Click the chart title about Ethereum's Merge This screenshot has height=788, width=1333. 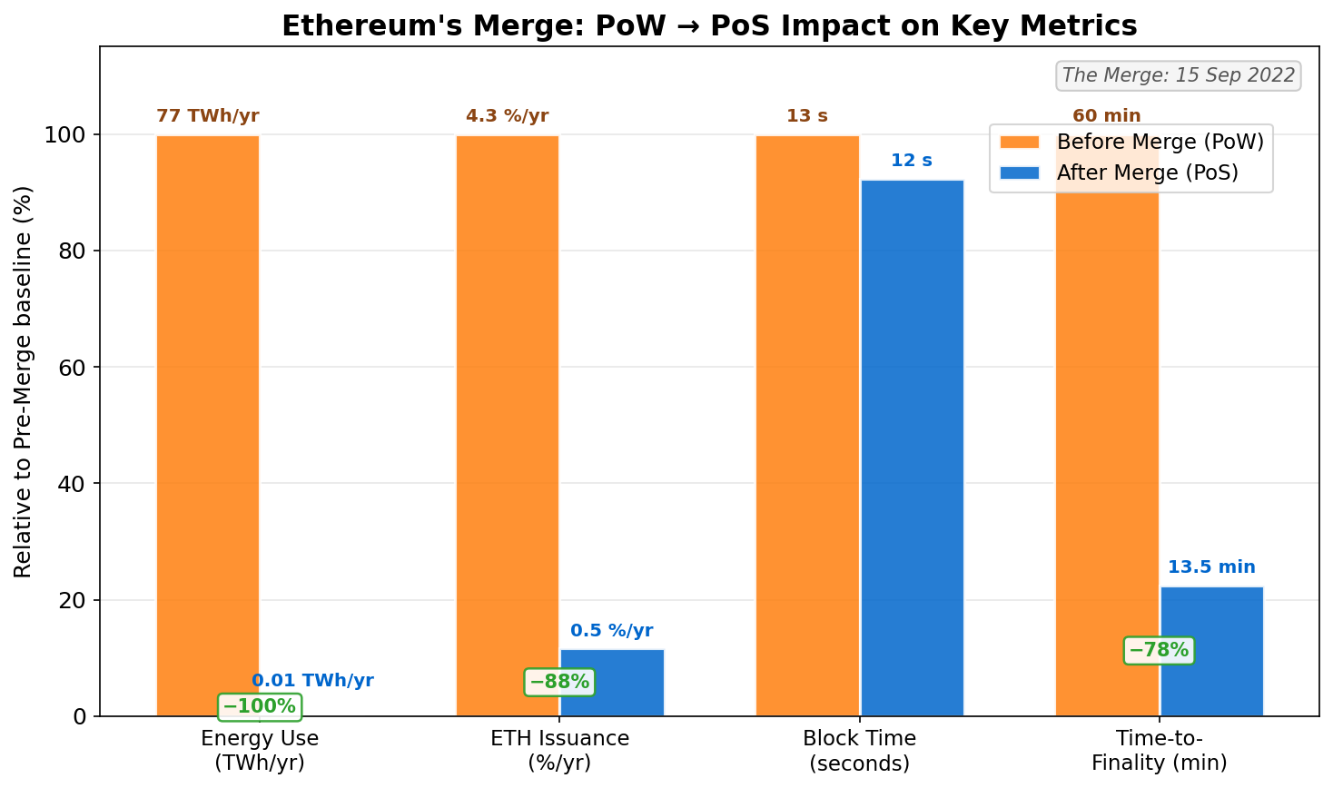(x=709, y=25)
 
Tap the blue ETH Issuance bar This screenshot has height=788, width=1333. (x=612, y=683)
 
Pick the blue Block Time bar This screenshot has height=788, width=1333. (x=912, y=448)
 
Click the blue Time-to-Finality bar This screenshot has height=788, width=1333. (x=1211, y=651)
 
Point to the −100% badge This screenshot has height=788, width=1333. (x=260, y=706)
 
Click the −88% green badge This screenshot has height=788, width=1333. (x=559, y=682)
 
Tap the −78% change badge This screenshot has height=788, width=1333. (x=1159, y=650)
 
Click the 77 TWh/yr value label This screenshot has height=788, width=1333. (x=208, y=116)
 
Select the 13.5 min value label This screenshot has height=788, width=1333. (x=1211, y=567)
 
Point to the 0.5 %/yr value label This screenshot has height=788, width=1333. (x=612, y=631)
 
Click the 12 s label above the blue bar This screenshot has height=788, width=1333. (x=912, y=161)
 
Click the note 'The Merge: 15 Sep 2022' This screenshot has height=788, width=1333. (x=1179, y=75)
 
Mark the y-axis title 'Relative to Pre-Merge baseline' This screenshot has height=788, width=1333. (x=24, y=381)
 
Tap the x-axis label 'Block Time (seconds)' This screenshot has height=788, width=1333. (x=859, y=751)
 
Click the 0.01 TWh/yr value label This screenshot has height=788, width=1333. (x=312, y=681)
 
